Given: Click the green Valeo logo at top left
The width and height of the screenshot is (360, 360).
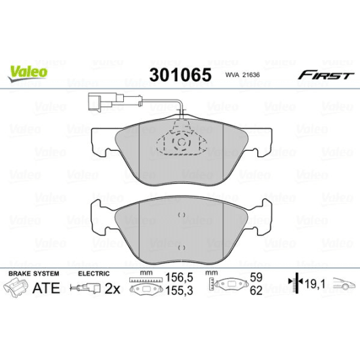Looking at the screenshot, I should point(27,70).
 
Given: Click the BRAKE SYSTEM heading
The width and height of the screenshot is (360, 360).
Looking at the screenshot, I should point(32,273).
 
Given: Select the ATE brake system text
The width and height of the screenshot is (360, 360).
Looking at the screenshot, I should point(47,288).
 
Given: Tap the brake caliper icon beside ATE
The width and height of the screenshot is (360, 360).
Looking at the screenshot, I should point(18,288).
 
